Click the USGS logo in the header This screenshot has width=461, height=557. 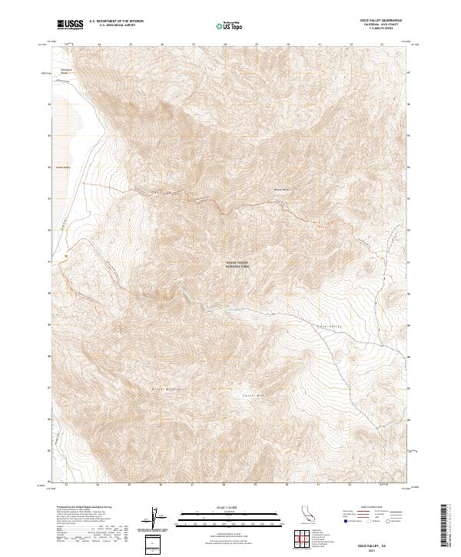(71, 25)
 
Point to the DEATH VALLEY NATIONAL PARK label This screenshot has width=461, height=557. (237, 264)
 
